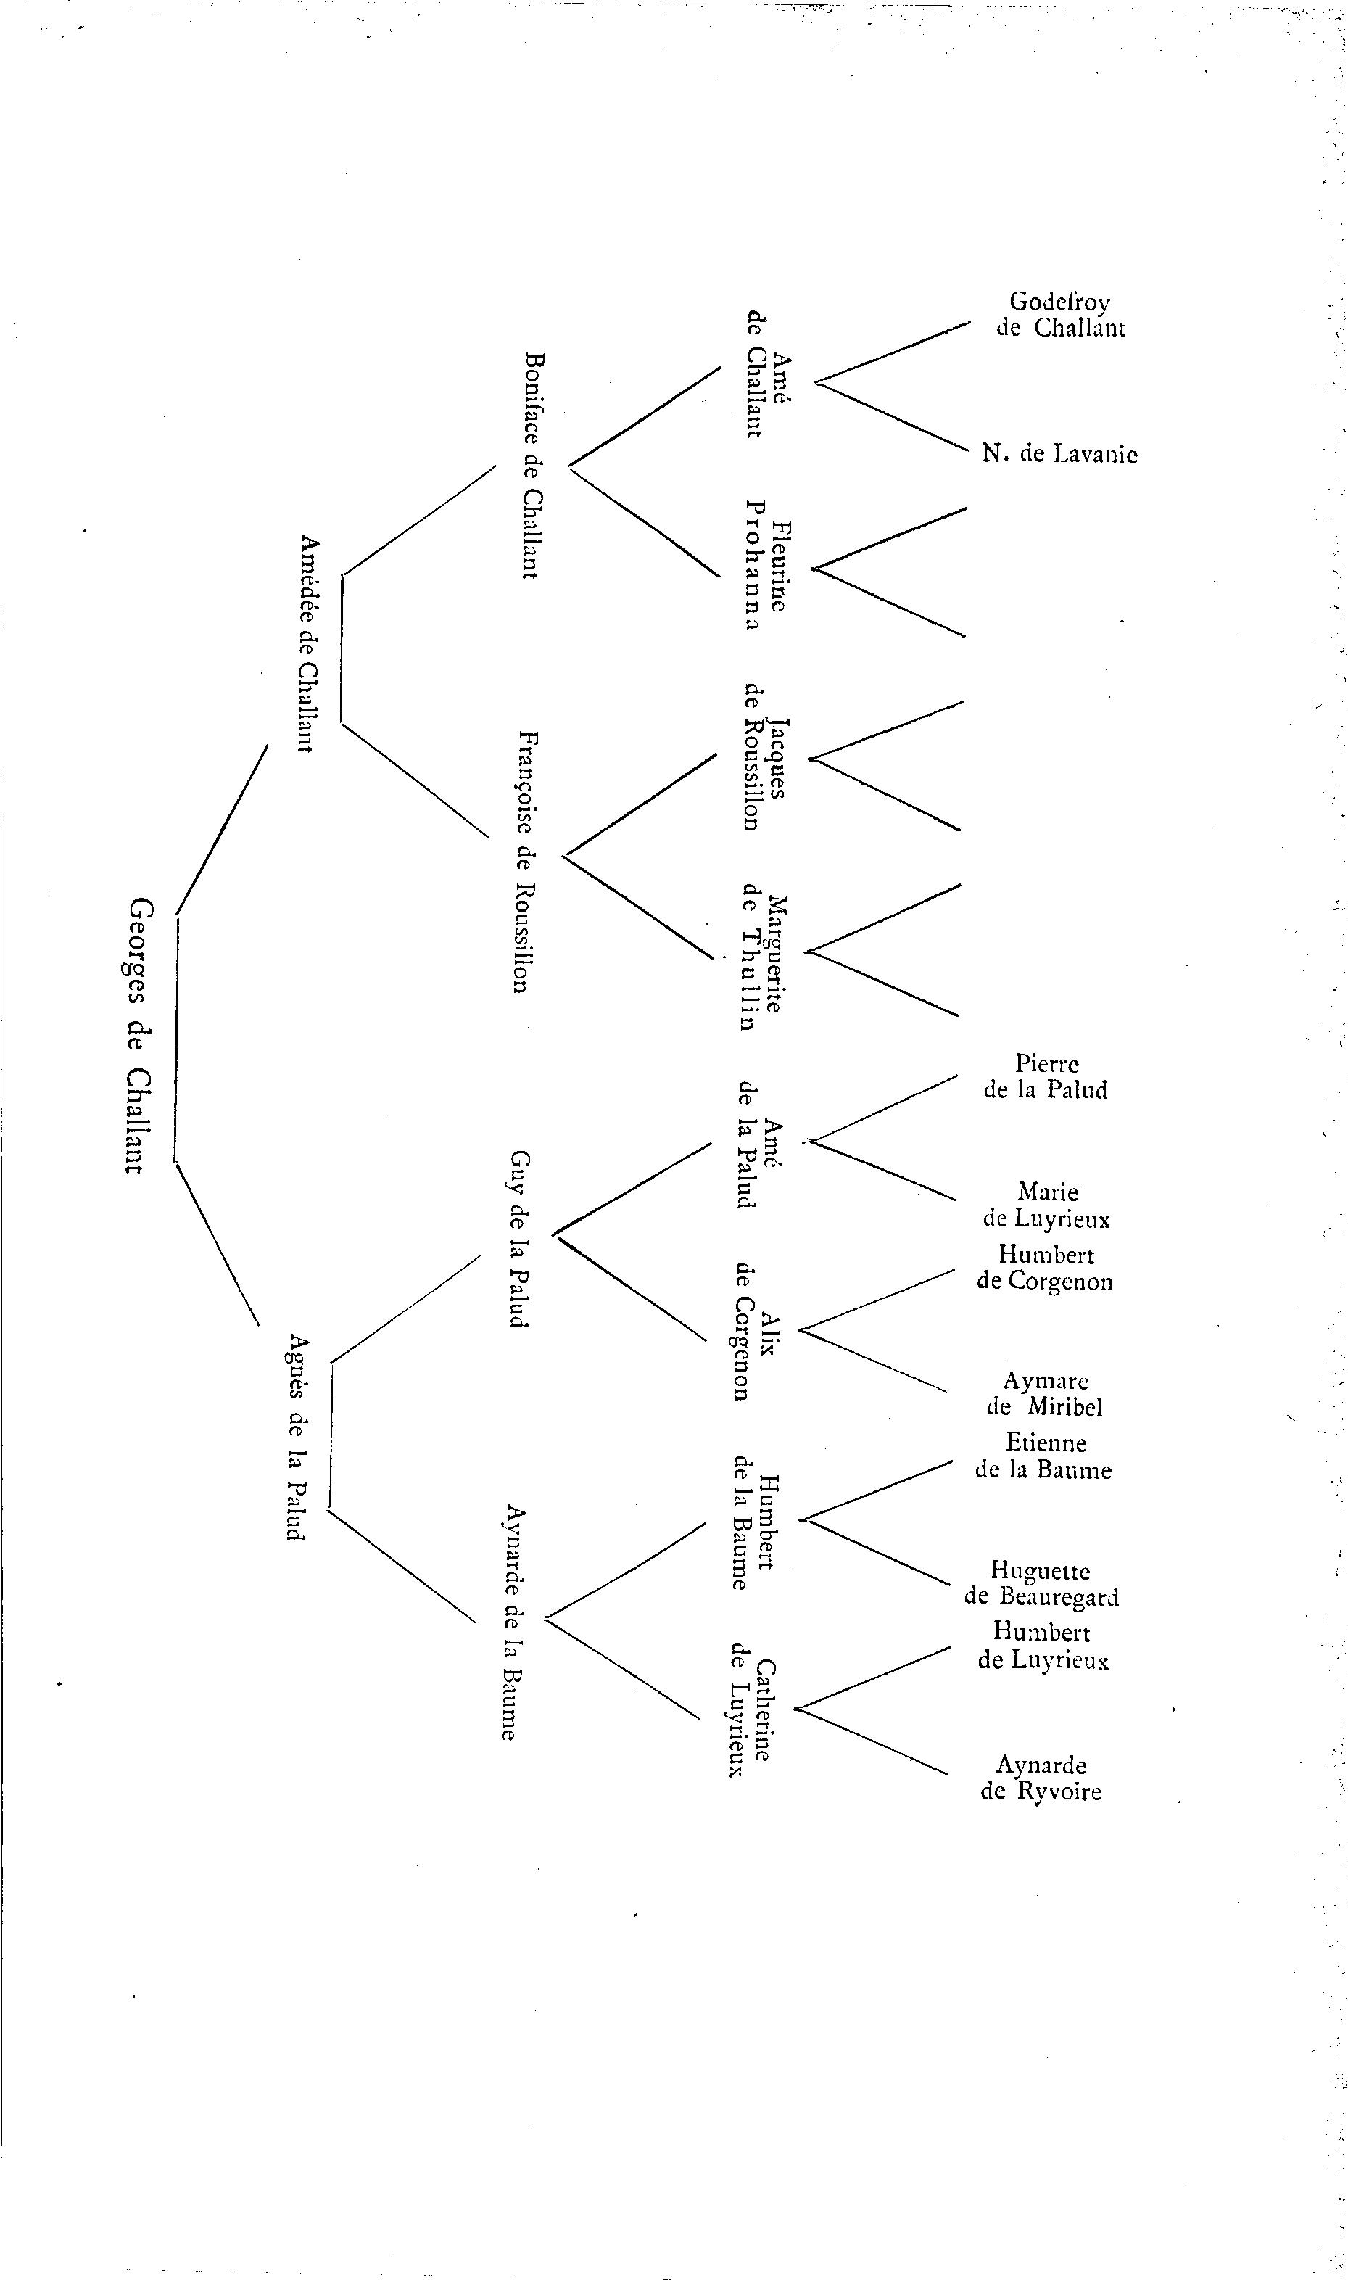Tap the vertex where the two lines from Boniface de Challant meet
(x=568, y=467)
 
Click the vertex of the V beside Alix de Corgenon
(x=797, y=1332)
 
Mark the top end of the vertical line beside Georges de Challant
(x=177, y=917)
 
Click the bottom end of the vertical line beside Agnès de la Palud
(x=328, y=1510)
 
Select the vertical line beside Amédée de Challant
(x=342, y=648)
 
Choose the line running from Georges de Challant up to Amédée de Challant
(x=222, y=830)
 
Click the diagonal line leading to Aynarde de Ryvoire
(x=871, y=1741)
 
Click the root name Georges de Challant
(x=136, y=1035)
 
